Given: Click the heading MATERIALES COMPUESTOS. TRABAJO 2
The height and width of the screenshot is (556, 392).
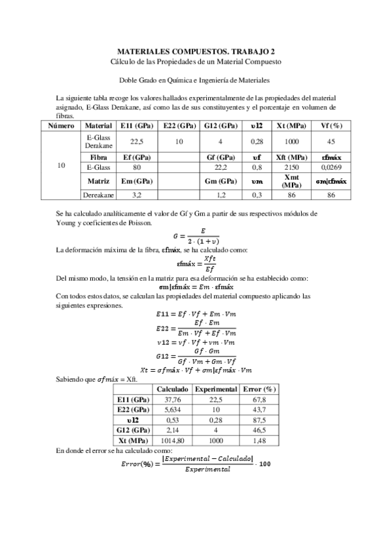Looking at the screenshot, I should click(196, 50).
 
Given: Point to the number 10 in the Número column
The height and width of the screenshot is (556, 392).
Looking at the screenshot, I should click(61, 165).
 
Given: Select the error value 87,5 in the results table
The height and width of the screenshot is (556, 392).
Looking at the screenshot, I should click(253, 419).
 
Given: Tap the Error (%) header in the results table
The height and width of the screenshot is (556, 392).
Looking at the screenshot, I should click(253, 388).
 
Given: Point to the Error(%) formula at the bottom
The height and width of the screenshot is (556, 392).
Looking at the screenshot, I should click(196, 465).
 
